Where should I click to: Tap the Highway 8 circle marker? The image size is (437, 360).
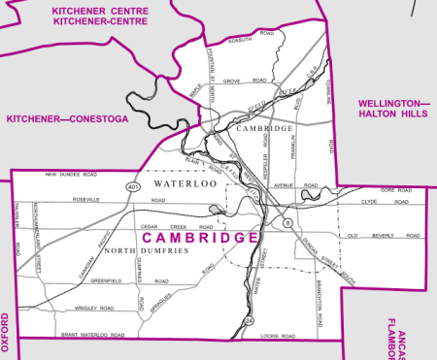coord(287,224)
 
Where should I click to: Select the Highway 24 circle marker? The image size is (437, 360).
coord(248,320)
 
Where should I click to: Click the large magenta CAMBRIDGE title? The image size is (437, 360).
coord(201,237)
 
